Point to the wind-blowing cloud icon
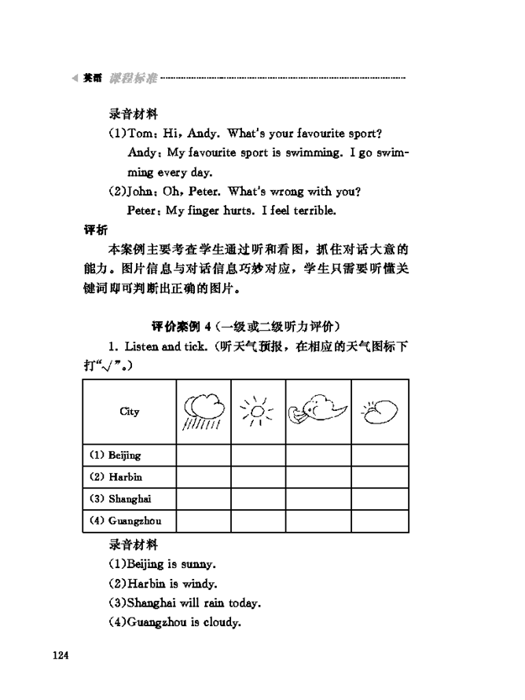[x=318, y=409]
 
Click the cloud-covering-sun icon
[x=379, y=409]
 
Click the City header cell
[x=129, y=411]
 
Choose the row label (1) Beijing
[x=115, y=455]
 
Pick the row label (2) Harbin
[x=116, y=477]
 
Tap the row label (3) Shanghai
[x=119, y=499]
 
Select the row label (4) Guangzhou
[x=123, y=521]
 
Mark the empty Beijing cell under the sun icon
[x=258, y=455]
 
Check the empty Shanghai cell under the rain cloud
[x=204, y=499]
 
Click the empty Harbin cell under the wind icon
[x=318, y=477]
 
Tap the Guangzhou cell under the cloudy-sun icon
[x=380, y=521]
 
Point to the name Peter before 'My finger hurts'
[x=143, y=211]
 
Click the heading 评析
[x=96, y=230]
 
